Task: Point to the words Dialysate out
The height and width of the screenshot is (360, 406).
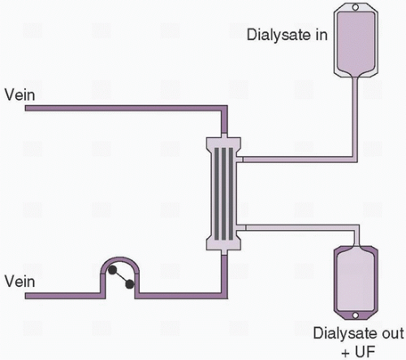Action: click(353, 333)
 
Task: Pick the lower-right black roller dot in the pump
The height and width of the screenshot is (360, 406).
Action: click(131, 284)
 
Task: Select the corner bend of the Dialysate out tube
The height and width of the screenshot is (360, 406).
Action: click(353, 223)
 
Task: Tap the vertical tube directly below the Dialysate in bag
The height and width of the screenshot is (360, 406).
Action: click(353, 114)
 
